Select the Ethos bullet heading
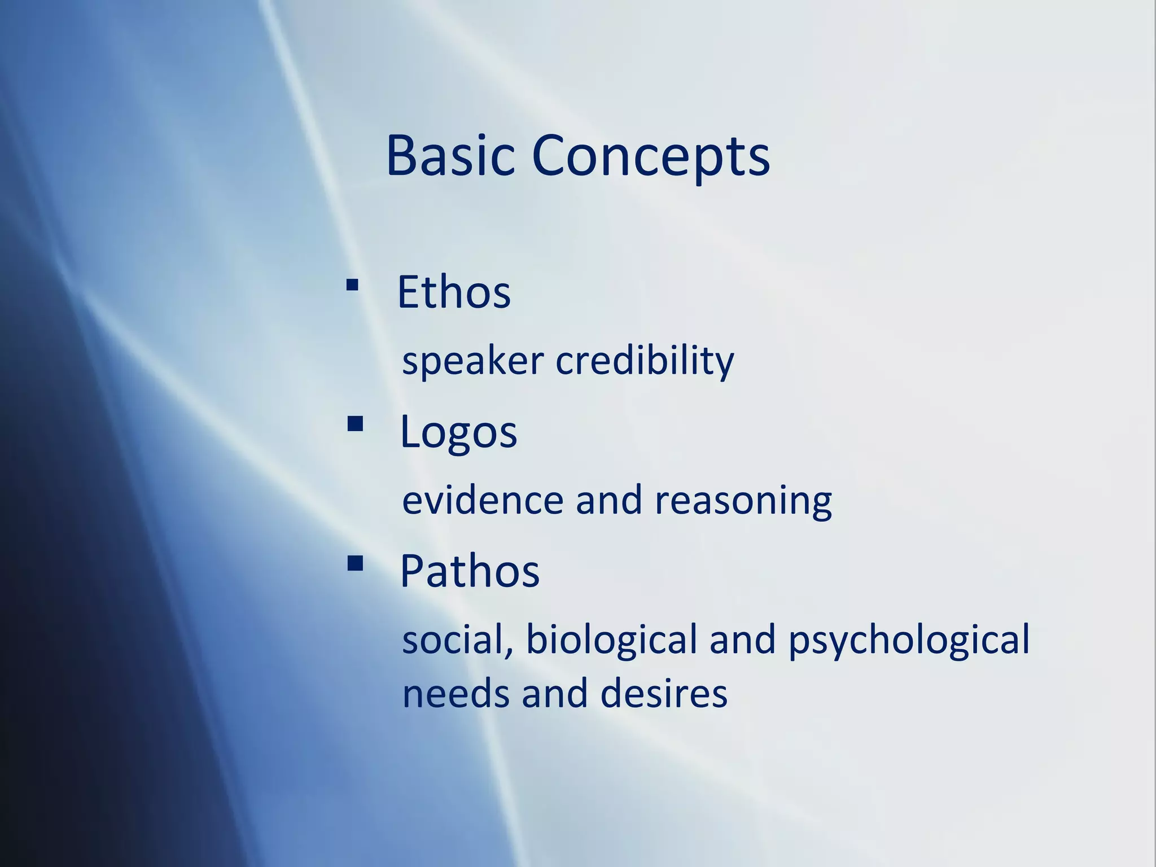[454, 292]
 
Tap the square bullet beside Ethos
[352, 285]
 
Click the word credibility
[645, 361]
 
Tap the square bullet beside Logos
[355, 423]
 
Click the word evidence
[483, 500]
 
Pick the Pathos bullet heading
[470, 571]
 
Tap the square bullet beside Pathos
[355, 563]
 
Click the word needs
[456, 694]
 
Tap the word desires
[664, 694]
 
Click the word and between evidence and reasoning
[608, 500]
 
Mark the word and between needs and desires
[555, 694]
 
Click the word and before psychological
[742, 640]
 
